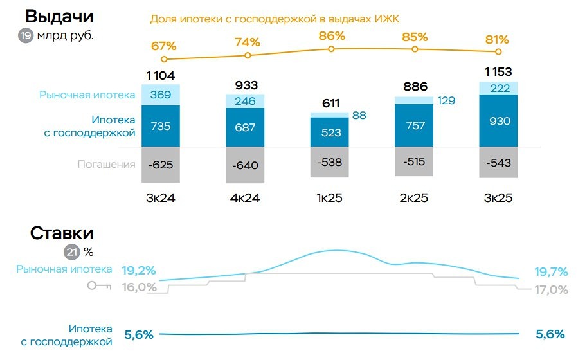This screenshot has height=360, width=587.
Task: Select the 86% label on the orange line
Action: point(331,36)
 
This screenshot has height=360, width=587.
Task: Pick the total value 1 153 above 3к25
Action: point(498,71)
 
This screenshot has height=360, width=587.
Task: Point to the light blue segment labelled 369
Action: point(160,94)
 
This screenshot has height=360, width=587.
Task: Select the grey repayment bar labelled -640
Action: point(245,165)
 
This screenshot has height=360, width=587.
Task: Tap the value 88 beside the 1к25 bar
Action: point(359,116)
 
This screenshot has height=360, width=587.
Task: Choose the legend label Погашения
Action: point(106,164)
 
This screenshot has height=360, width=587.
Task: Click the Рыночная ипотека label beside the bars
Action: point(87,94)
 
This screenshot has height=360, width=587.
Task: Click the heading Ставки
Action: point(62,233)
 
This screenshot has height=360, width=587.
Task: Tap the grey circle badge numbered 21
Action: point(71,251)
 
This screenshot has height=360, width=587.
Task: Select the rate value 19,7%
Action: point(550,271)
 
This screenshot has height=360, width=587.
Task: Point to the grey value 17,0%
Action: point(551,290)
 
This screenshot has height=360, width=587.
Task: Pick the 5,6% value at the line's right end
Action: point(550,334)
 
